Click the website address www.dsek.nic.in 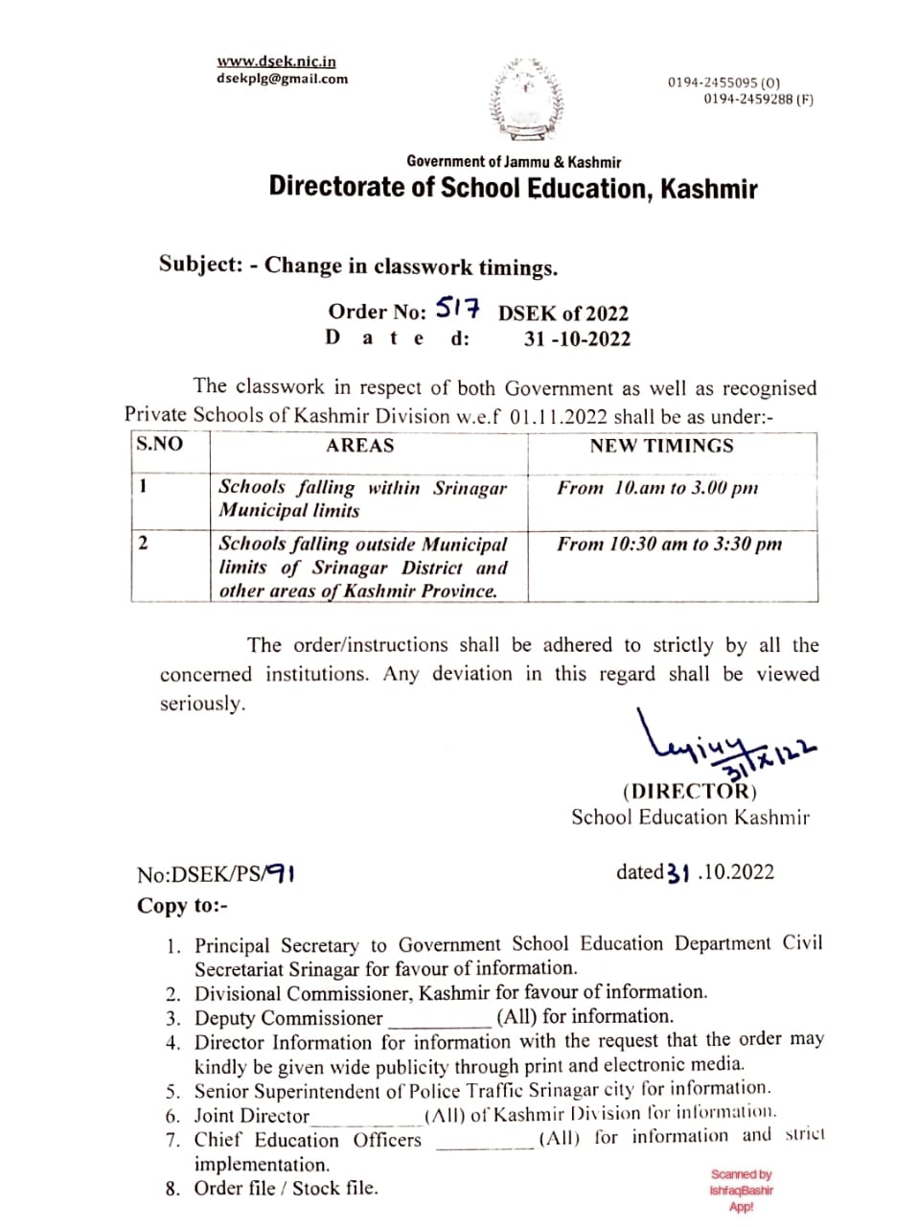pyautogui.click(x=276, y=61)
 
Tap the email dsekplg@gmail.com pyautogui.click(x=282, y=79)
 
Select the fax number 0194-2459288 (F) pyautogui.click(x=758, y=99)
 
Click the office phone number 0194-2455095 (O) pyautogui.click(x=723, y=83)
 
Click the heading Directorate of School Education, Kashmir pyautogui.click(x=513, y=187)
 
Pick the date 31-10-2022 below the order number pyautogui.click(x=577, y=338)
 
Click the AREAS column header pyautogui.click(x=359, y=446)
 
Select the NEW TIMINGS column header pyautogui.click(x=661, y=446)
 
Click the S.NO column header pyautogui.click(x=159, y=444)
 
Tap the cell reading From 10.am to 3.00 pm pyautogui.click(x=657, y=488)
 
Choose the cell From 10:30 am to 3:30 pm pyautogui.click(x=669, y=544)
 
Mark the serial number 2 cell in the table pyautogui.click(x=143, y=544)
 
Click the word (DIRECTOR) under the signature pyautogui.click(x=689, y=792)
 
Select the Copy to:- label pyautogui.click(x=182, y=906)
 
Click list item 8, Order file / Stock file pyautogui.click(x=286, y=1188)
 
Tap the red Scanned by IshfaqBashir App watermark pyautogui.click(x=742, y=1190)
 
